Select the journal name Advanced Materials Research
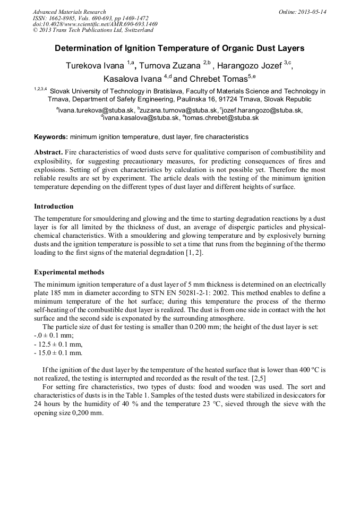click(x=69, y=12)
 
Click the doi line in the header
click(x=95, y=24)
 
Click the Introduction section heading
click(x=54, y=206)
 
